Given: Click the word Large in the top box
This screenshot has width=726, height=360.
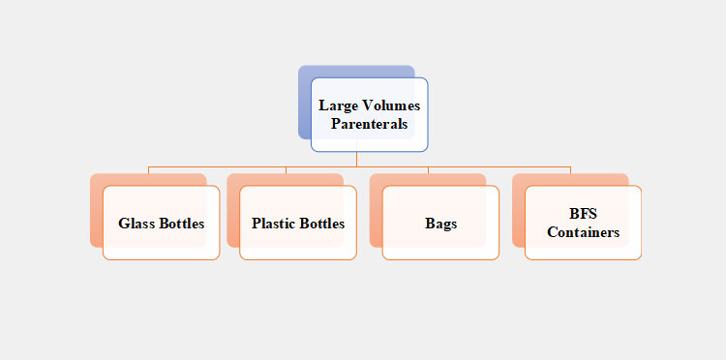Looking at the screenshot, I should (338, 105).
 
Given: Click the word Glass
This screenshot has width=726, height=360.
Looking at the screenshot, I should (136, 224).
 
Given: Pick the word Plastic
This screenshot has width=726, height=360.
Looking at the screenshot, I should (272, 224).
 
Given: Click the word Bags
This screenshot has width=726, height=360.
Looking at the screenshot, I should (440, 224).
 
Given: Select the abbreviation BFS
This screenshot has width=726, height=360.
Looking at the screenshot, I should (583, 214).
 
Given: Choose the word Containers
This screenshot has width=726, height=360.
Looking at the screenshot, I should (583, 232).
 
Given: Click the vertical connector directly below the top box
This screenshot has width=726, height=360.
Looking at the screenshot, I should (357, 160).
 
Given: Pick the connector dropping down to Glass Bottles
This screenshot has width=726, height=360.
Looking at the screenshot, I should (149, 170).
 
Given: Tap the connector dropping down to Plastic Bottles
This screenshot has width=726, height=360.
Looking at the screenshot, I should (286, 170).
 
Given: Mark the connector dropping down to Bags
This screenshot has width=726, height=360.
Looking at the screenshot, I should (428, 170).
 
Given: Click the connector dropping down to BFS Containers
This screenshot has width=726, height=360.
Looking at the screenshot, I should (570, 170).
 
